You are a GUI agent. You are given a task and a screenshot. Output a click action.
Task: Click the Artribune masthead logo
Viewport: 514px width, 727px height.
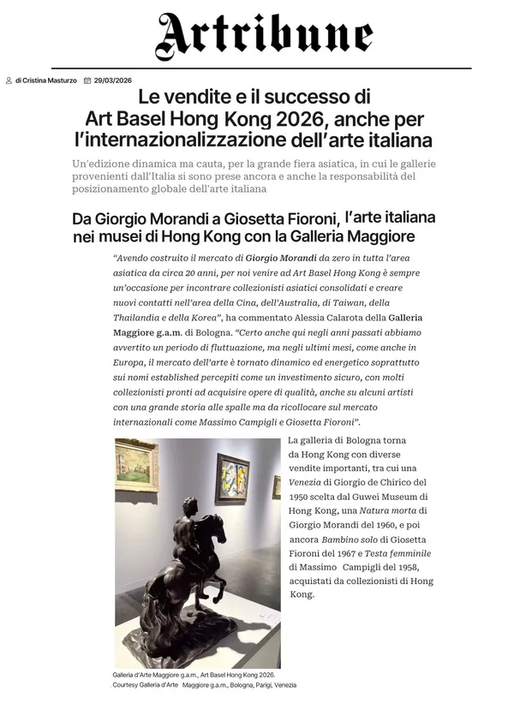[263, 37]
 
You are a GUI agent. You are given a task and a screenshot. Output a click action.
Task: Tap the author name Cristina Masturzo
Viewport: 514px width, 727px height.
[51, 80]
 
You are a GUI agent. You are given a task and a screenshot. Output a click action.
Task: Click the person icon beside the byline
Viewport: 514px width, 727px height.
[9, 80]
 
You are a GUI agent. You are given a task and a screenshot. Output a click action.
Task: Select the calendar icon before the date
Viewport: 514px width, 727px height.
[87, 80]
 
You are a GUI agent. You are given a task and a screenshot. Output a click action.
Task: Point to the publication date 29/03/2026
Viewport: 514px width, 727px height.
[112, 80]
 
